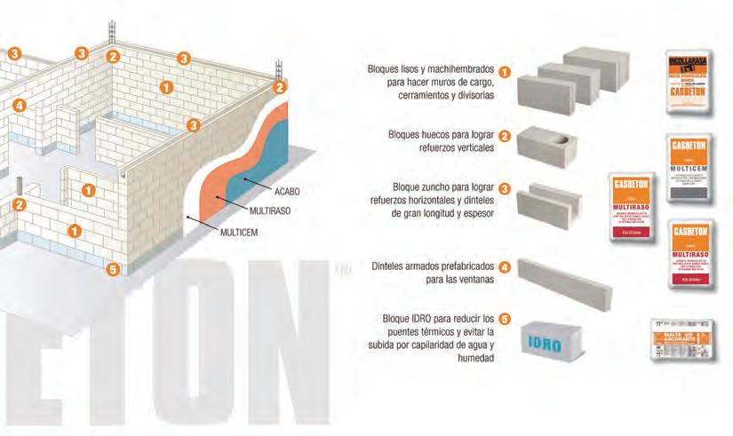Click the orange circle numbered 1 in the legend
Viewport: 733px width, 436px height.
click(505, 72)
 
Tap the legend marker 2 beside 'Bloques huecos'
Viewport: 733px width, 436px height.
click(505, 136)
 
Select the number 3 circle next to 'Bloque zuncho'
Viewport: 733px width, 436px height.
click(505, 188)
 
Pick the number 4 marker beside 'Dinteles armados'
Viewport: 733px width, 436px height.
click(505, 266)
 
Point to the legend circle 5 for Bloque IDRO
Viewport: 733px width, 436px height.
click(505, 318)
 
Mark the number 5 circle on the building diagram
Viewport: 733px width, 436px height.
click(112, 269)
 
